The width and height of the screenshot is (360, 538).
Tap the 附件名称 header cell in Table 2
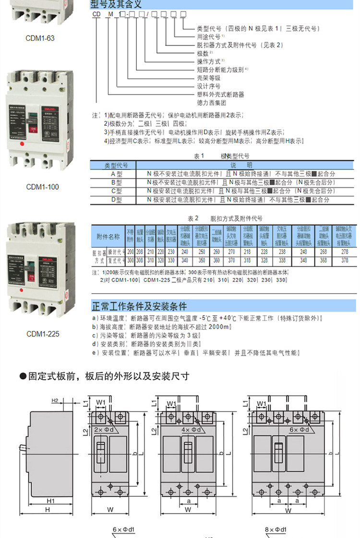[108, 236]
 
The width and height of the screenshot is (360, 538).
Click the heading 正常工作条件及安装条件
[139, 306]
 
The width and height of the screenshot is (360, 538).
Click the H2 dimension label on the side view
[55, 400]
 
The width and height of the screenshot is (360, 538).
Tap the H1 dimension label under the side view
[51, 501]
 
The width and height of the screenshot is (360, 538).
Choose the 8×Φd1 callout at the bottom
[276, 530]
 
